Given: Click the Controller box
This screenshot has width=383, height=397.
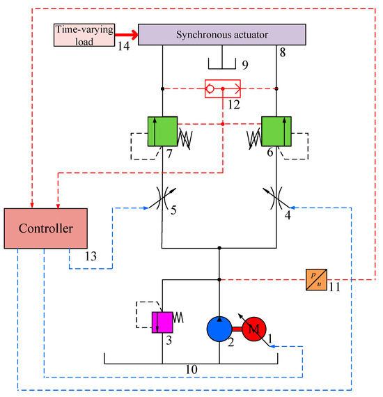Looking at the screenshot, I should point(45,228).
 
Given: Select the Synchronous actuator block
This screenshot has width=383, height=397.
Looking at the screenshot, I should point(222,34).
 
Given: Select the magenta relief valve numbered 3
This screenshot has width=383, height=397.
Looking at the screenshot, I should point(162,322).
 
